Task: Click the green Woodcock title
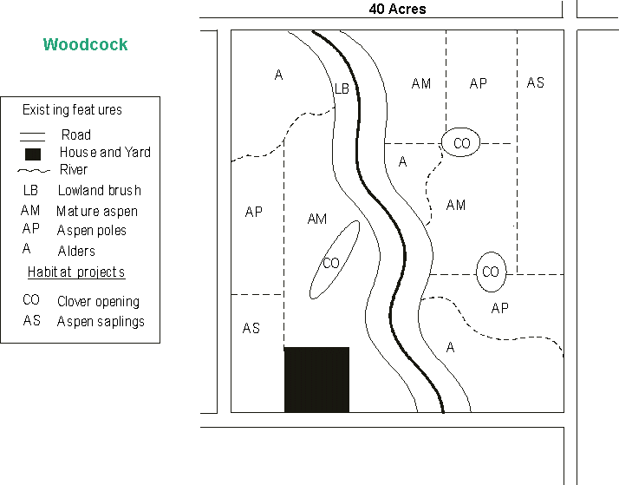[x=86, y=44]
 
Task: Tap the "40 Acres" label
[x=397, y=9]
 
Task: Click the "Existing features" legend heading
[x=72, y=110]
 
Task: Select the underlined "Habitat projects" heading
[x=76, y=272]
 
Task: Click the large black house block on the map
[x=316, y=379]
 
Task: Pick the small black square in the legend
[x=32, y=154]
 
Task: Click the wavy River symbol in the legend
[x=32, y=171]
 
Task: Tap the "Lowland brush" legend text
[x=99, y=191]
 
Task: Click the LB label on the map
[x=342, y=88]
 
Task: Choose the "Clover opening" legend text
[x=98, y=302]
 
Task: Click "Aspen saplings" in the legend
[x=101, y=322]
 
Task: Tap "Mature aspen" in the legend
[x=97, y=211]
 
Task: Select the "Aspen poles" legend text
[x=92, y=231]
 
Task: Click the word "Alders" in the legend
[x=76, y=251]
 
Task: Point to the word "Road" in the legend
[x=76, y=135]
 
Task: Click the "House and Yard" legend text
[x=105, y=153]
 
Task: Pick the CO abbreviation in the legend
[x=31, y=300]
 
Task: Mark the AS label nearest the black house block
[x=251, y=328]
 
